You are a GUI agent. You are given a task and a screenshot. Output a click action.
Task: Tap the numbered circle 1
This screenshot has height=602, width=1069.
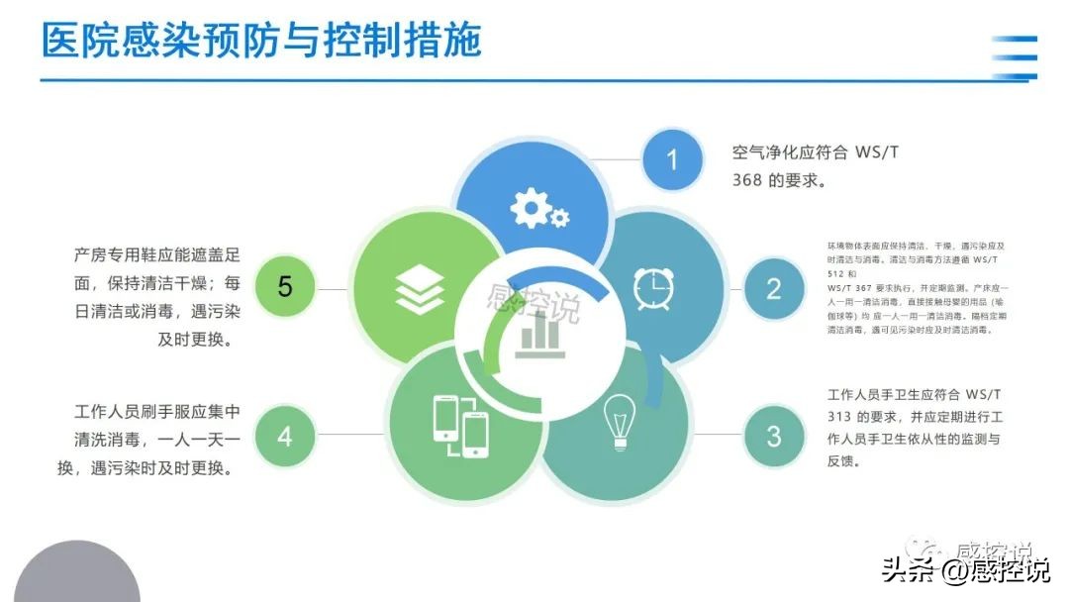672,159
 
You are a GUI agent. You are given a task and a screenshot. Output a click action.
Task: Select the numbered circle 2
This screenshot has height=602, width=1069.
773,288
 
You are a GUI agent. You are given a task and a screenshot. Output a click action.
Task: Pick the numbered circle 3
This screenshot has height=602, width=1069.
773,436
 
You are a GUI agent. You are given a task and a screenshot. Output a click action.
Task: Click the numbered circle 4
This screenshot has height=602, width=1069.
285,436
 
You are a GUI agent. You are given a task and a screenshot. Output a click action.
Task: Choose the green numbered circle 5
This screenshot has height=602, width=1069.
285,288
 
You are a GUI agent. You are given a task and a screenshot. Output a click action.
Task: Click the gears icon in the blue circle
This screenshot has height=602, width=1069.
537,209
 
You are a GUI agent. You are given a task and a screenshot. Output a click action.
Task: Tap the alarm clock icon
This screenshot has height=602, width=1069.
653,286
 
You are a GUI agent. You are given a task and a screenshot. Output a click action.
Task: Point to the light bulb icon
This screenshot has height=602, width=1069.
620,420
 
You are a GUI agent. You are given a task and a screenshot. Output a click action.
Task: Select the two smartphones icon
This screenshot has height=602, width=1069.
461,426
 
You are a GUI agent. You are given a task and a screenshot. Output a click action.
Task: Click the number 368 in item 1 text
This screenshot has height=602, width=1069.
747,181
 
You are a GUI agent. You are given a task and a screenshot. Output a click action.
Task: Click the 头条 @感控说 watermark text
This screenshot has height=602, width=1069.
965,571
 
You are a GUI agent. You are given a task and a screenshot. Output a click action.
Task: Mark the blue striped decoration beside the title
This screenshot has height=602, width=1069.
1016,56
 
